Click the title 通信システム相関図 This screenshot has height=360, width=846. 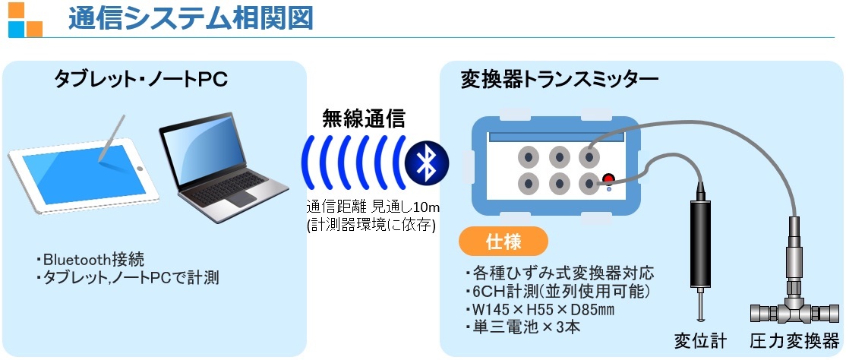click(190, 18)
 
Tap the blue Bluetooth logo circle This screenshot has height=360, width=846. click(427, 160)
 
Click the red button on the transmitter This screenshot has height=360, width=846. click(608, 180)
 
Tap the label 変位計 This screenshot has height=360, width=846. click(699, 340)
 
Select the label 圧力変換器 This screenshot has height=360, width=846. click(795, 340)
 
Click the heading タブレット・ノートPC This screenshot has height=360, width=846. click(141, 79)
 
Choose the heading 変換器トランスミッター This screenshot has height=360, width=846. click(560, 79)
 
